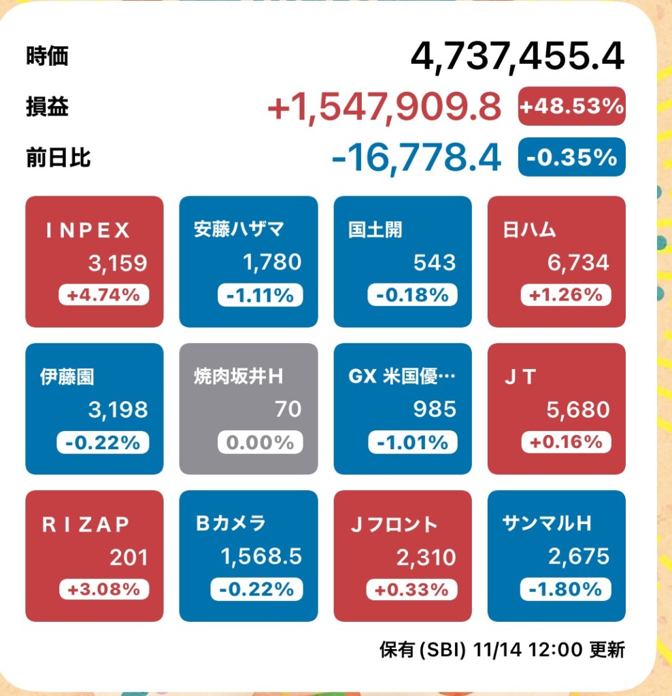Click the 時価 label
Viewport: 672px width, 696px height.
pyautogui.click(x=48, y=56)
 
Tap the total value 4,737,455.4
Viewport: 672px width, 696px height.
pyautogui.click(x=517, y=56)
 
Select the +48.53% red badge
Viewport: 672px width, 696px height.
pyautogui.click(x=571, y=106)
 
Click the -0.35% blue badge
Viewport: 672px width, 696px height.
pyautogui.click(x=571, y=157)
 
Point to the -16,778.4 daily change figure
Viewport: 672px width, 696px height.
pyautogui.click(x=416, y=157)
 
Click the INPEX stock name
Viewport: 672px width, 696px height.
pyautogui.click(x=88, y=230)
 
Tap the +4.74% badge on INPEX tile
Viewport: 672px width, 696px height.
pyautogui.click(x=103, y=295)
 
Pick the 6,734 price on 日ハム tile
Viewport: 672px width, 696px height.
pyautogui.click(x=578, y=262)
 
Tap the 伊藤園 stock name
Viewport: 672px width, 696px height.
pyautogui.click(x=67, y=377)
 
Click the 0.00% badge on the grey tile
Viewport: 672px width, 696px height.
pyautogui.click(x=259, y=442)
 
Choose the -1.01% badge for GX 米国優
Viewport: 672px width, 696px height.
pyautogui.click(x=412, y=442)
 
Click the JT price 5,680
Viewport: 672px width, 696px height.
pyautogui.click(x=578, y=409)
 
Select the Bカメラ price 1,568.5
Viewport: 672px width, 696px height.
pyautogui.click(x=261, y=557)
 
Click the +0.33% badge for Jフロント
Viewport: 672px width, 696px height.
pyautogui.click(x=412, y=590)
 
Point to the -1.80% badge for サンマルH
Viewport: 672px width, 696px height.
pyautogui.click(x=566, y=590)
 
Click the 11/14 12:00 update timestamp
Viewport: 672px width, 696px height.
pyautogui.click(x=531, y=650)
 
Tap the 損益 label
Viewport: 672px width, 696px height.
pyautogui.click(x=48, y=107)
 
